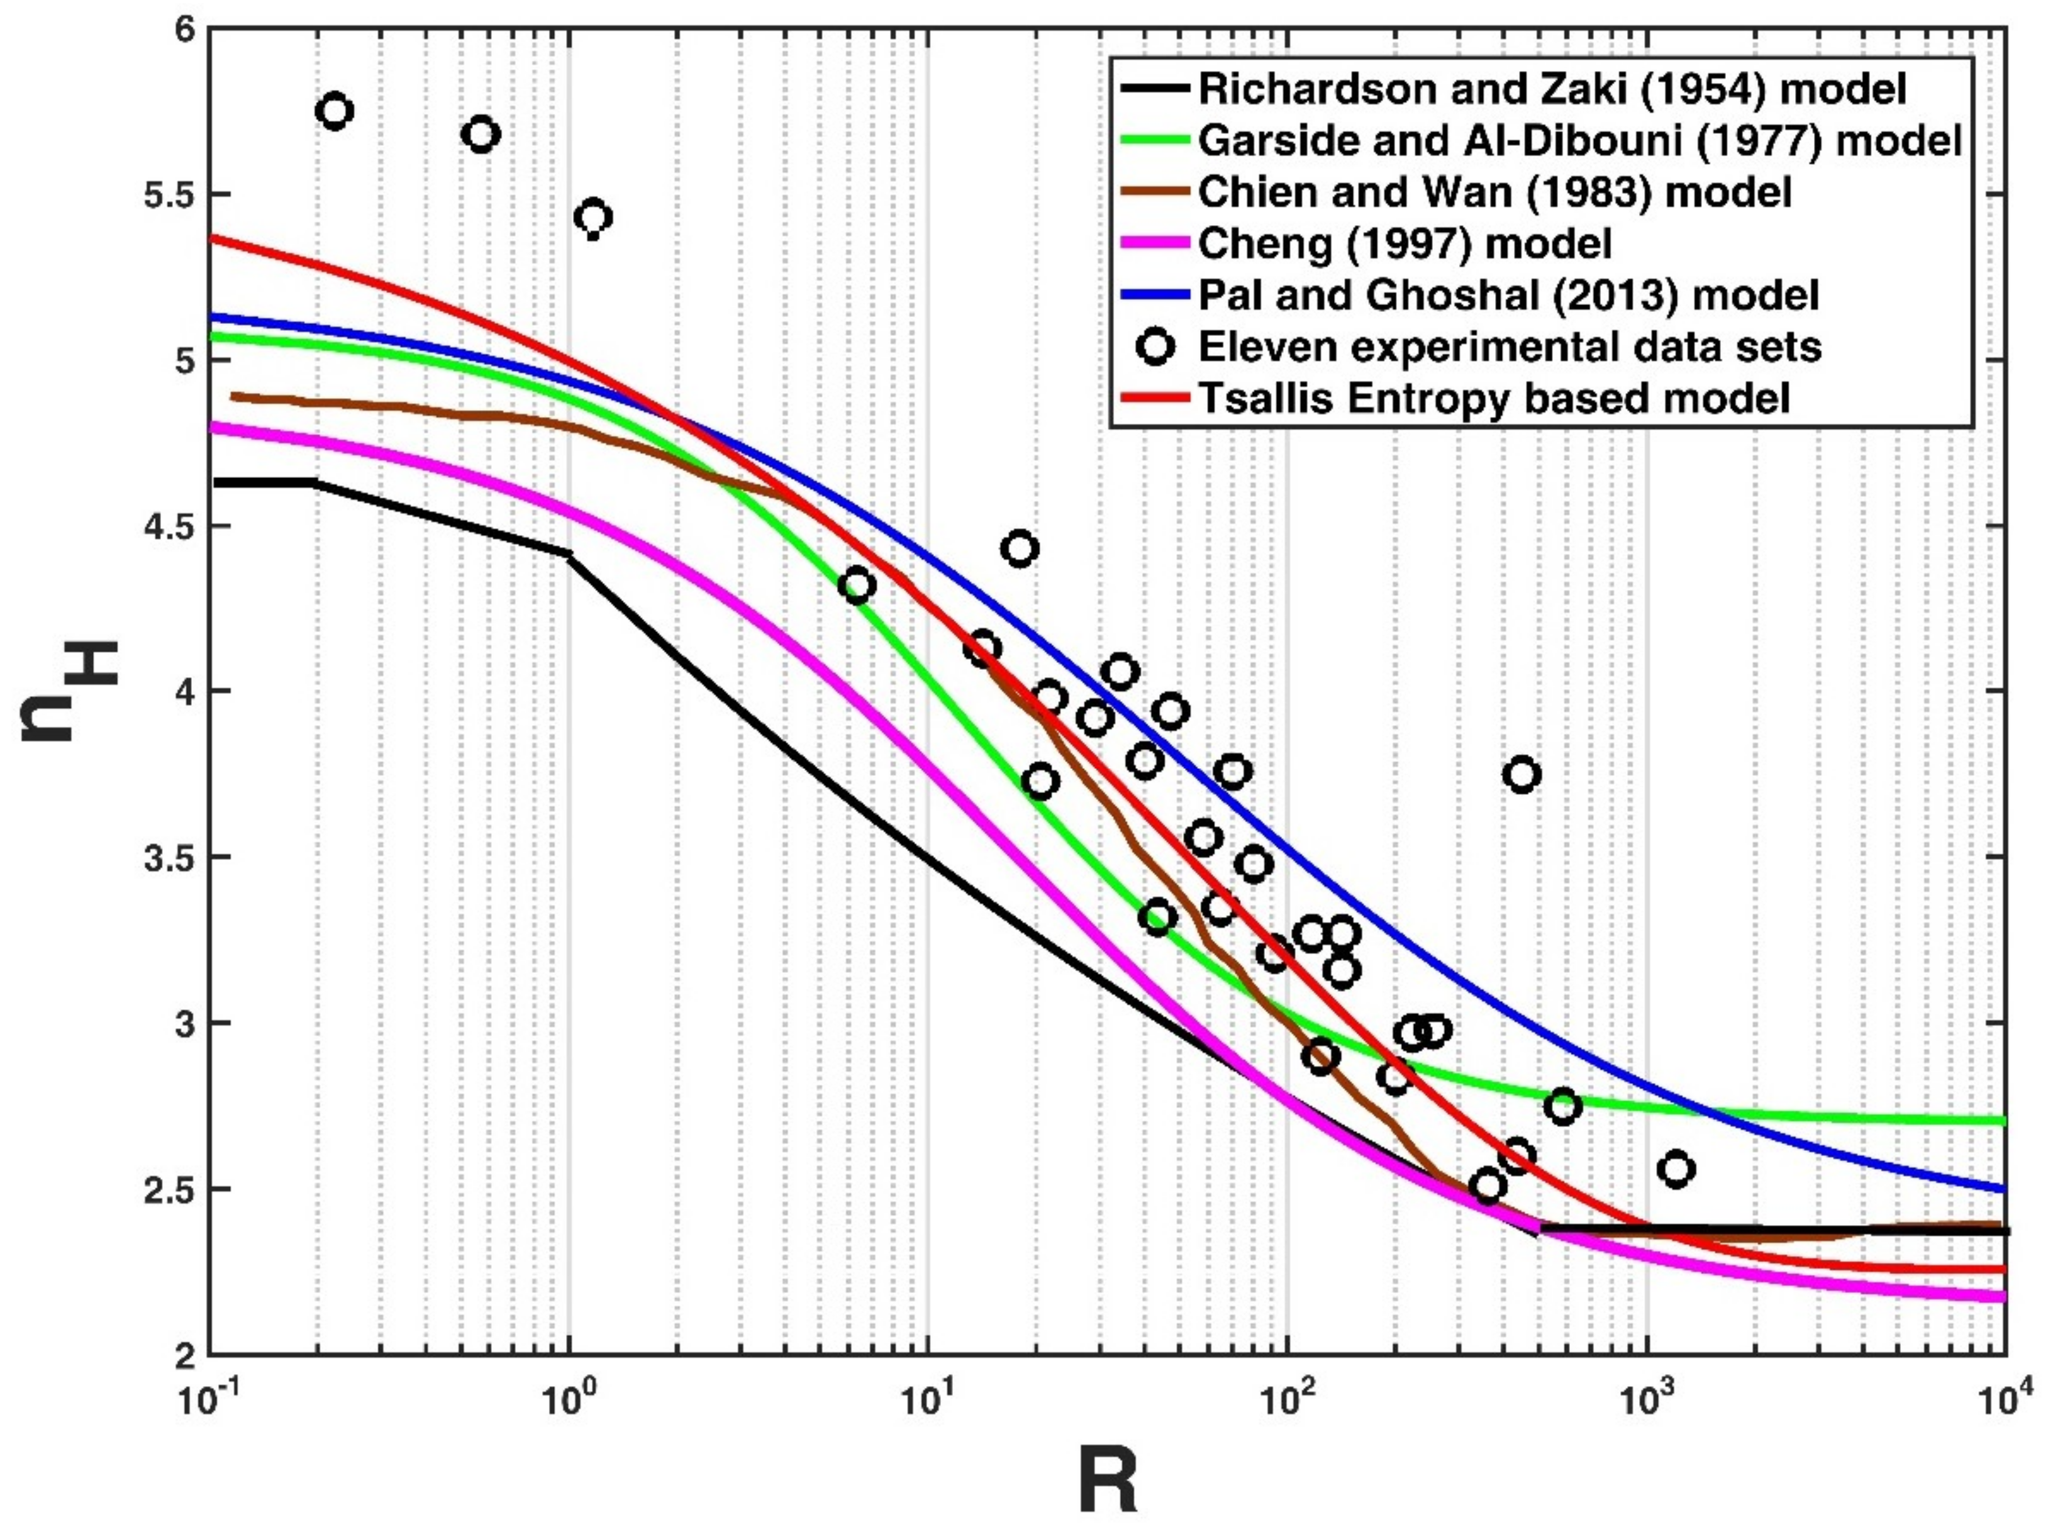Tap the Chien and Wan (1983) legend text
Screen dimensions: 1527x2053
pyautogui.click(x=1494, y=193)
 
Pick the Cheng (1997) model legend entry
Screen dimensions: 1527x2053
pyautogui.click(x=1405, y=245)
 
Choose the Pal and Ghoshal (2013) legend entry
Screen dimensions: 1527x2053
pyautogui.click(x=1508, y=296)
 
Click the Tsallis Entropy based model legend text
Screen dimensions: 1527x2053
pyautogui.click(x=1494, y=398)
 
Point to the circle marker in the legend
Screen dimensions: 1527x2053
pyautogui.click(x=1156, y=347)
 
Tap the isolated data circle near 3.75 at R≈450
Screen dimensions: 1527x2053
pyautogui.click(x=1522, y=775)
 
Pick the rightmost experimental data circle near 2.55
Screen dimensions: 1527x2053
pyautogui.click(x=1676, y=1169)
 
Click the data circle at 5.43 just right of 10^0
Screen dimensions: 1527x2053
pyautogui.click(x=593, y=217)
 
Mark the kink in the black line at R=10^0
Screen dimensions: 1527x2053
pyautogui.click(x=569, y=555)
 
